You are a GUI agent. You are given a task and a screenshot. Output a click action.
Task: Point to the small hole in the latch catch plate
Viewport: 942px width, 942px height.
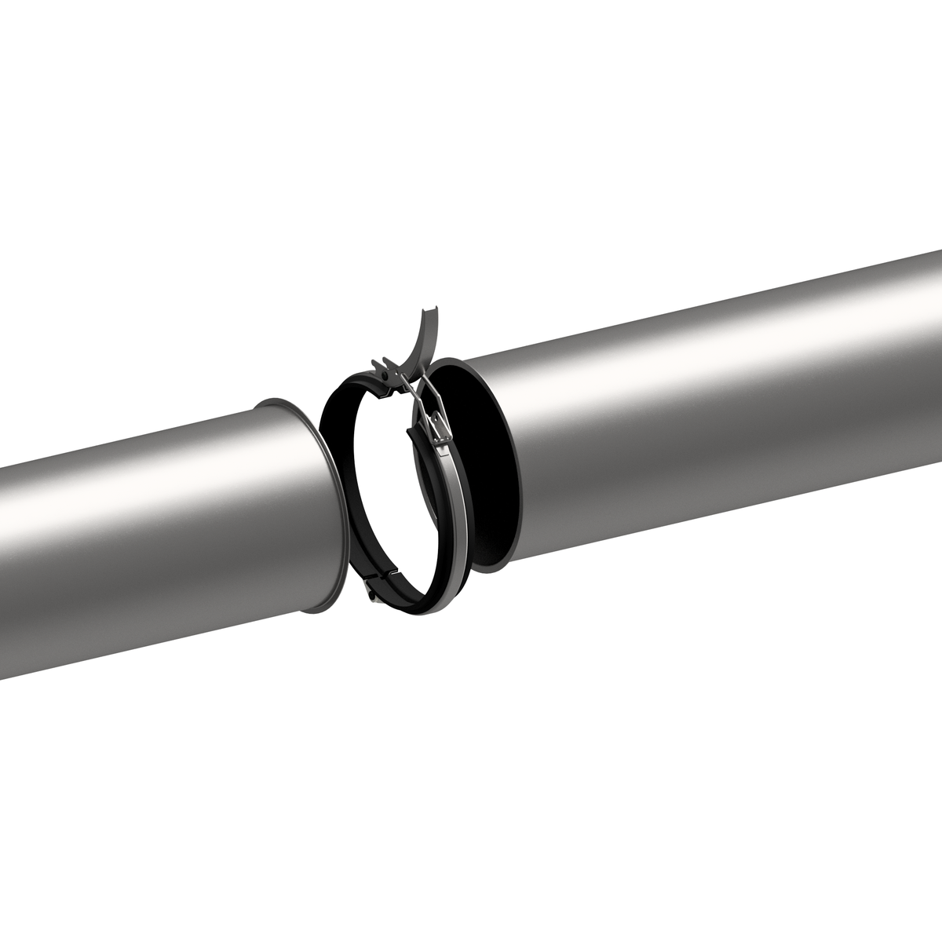coord(436,426)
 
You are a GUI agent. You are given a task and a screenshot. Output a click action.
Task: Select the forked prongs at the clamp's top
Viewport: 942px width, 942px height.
coord(381,366)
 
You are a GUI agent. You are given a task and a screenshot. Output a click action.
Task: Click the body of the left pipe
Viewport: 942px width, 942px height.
coord(157,534)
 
